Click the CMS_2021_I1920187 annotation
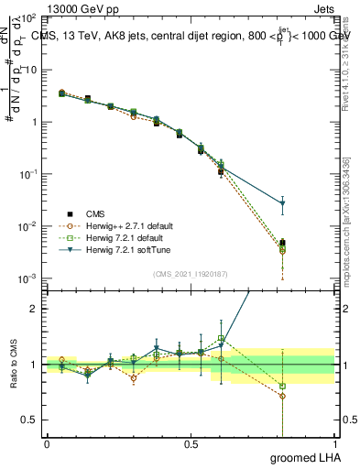(191, 272)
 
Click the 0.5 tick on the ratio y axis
(31, 420)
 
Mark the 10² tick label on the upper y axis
(27, 18)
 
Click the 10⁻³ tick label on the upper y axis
(27, 278)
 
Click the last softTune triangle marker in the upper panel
(282, 203)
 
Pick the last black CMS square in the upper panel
(282, 243)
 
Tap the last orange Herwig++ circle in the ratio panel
(282, 397)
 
